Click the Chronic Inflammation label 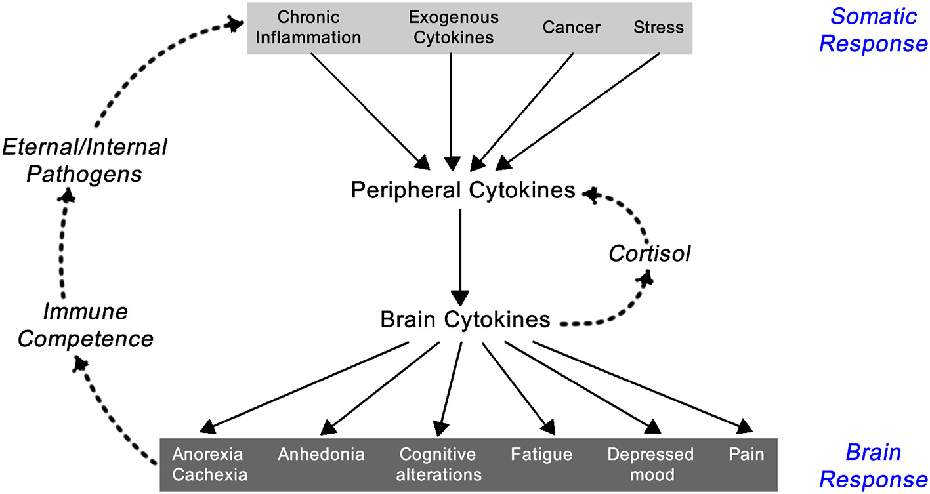point(308,28)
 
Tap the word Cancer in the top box point(570,28)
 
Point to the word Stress point(658,28)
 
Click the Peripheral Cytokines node point(463,190)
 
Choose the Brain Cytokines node point(465,319)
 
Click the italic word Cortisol point(650,254)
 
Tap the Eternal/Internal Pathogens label point(84,161)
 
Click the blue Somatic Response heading point(872,30)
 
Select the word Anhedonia point(321,455)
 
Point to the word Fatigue point(541,455)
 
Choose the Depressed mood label point(650,464)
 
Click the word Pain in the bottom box point(746,455)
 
